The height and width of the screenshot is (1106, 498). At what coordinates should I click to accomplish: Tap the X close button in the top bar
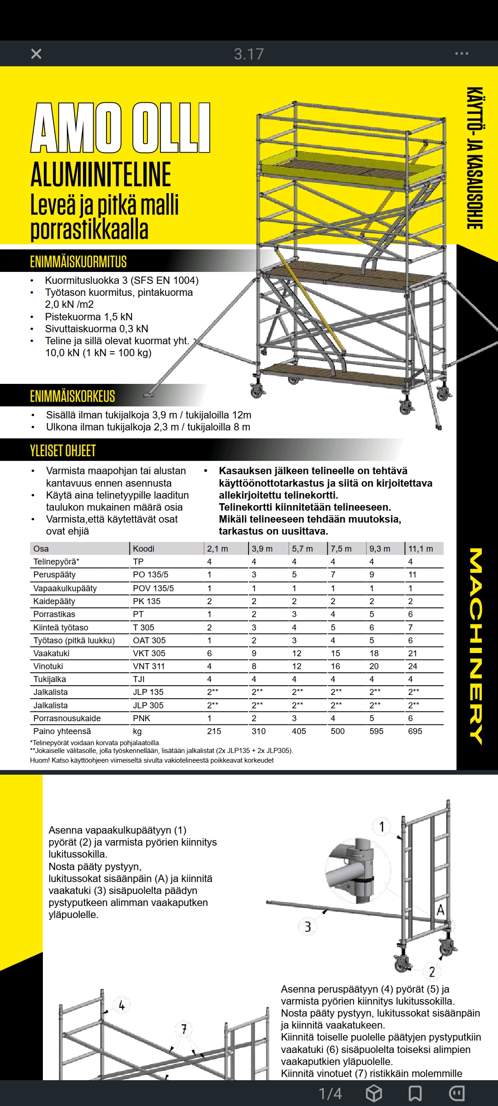coord(36,54)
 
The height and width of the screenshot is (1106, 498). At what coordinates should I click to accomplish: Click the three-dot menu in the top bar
coord(462,54)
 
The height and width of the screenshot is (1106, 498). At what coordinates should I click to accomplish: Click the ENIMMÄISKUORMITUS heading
coord(78,262)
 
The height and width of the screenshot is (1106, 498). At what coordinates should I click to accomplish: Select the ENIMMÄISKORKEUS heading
coord(72,396)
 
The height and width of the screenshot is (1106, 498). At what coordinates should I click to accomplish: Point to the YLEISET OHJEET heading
coord(63,450)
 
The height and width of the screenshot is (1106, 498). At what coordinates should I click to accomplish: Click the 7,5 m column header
coord(341,548)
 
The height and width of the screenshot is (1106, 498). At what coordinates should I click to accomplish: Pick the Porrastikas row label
coord(54,614)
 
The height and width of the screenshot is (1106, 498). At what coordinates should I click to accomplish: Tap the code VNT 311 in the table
coord(148,666)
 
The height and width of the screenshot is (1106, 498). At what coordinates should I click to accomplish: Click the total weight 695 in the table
coord(415,731)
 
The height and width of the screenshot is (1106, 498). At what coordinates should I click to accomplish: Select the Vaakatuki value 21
coord(412,653)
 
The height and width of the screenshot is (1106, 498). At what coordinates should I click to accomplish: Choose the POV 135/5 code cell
coord(153,588)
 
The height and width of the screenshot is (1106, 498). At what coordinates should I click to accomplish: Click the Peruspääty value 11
coord(412,575)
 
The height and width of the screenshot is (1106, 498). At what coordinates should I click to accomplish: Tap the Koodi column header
coord(143,548)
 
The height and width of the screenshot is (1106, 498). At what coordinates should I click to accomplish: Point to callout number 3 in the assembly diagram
coord(308,927)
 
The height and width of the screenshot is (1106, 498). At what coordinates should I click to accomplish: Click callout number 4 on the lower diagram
coord(122,1005)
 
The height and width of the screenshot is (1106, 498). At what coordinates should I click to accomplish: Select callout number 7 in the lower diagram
coord(184,1029)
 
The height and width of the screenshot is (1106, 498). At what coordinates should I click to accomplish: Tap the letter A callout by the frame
coord(440,910)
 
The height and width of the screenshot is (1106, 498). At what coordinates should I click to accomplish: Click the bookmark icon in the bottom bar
coord(415,1093)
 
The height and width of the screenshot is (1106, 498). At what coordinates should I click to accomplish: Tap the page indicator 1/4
coord(330,1093)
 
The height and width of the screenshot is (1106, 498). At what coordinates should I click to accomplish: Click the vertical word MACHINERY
coord(477,645)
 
